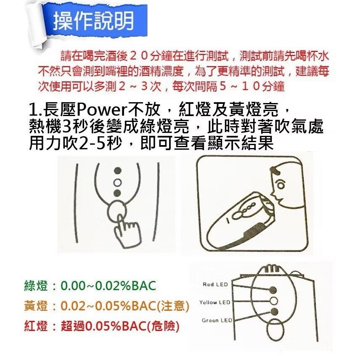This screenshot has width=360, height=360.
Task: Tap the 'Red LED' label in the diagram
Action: click(214, 285)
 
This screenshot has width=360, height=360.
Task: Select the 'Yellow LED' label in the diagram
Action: click(214, 302)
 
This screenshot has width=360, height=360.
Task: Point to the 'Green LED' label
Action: click(217, 320)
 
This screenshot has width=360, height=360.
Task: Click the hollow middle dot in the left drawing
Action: click(118, 181)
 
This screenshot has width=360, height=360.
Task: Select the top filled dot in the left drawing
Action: click(118, 171)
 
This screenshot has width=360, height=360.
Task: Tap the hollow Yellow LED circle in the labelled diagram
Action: click(274, 300)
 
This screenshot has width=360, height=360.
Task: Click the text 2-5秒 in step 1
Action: click(103, 143)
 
